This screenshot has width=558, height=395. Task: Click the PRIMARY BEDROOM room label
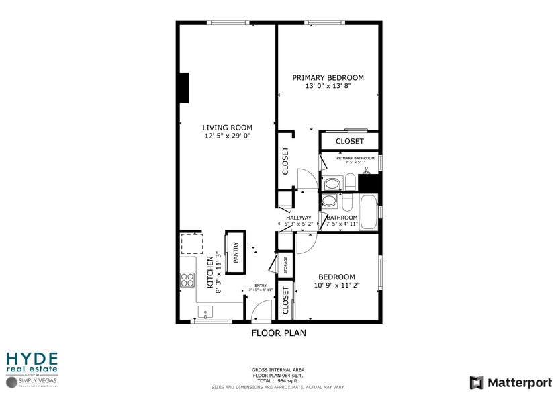328,77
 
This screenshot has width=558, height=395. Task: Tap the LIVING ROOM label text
228,128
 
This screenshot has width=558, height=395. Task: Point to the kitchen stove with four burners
187,279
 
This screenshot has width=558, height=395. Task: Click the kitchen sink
204,312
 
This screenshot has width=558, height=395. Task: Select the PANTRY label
236,253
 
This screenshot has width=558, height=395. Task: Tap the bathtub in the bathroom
369,212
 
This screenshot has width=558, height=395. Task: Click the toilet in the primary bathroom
349,182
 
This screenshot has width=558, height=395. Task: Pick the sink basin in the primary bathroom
331,183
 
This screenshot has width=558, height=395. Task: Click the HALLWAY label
298,218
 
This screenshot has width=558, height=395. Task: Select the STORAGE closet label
285,265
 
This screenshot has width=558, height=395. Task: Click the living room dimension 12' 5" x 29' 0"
228,136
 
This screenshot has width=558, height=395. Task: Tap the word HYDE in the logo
32,358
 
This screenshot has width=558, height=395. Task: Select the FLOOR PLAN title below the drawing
279,333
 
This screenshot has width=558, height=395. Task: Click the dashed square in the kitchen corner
190,245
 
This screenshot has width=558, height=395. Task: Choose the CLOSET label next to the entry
285,300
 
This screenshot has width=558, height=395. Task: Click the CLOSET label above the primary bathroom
349,141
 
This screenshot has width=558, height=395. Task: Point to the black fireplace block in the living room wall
183,87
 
